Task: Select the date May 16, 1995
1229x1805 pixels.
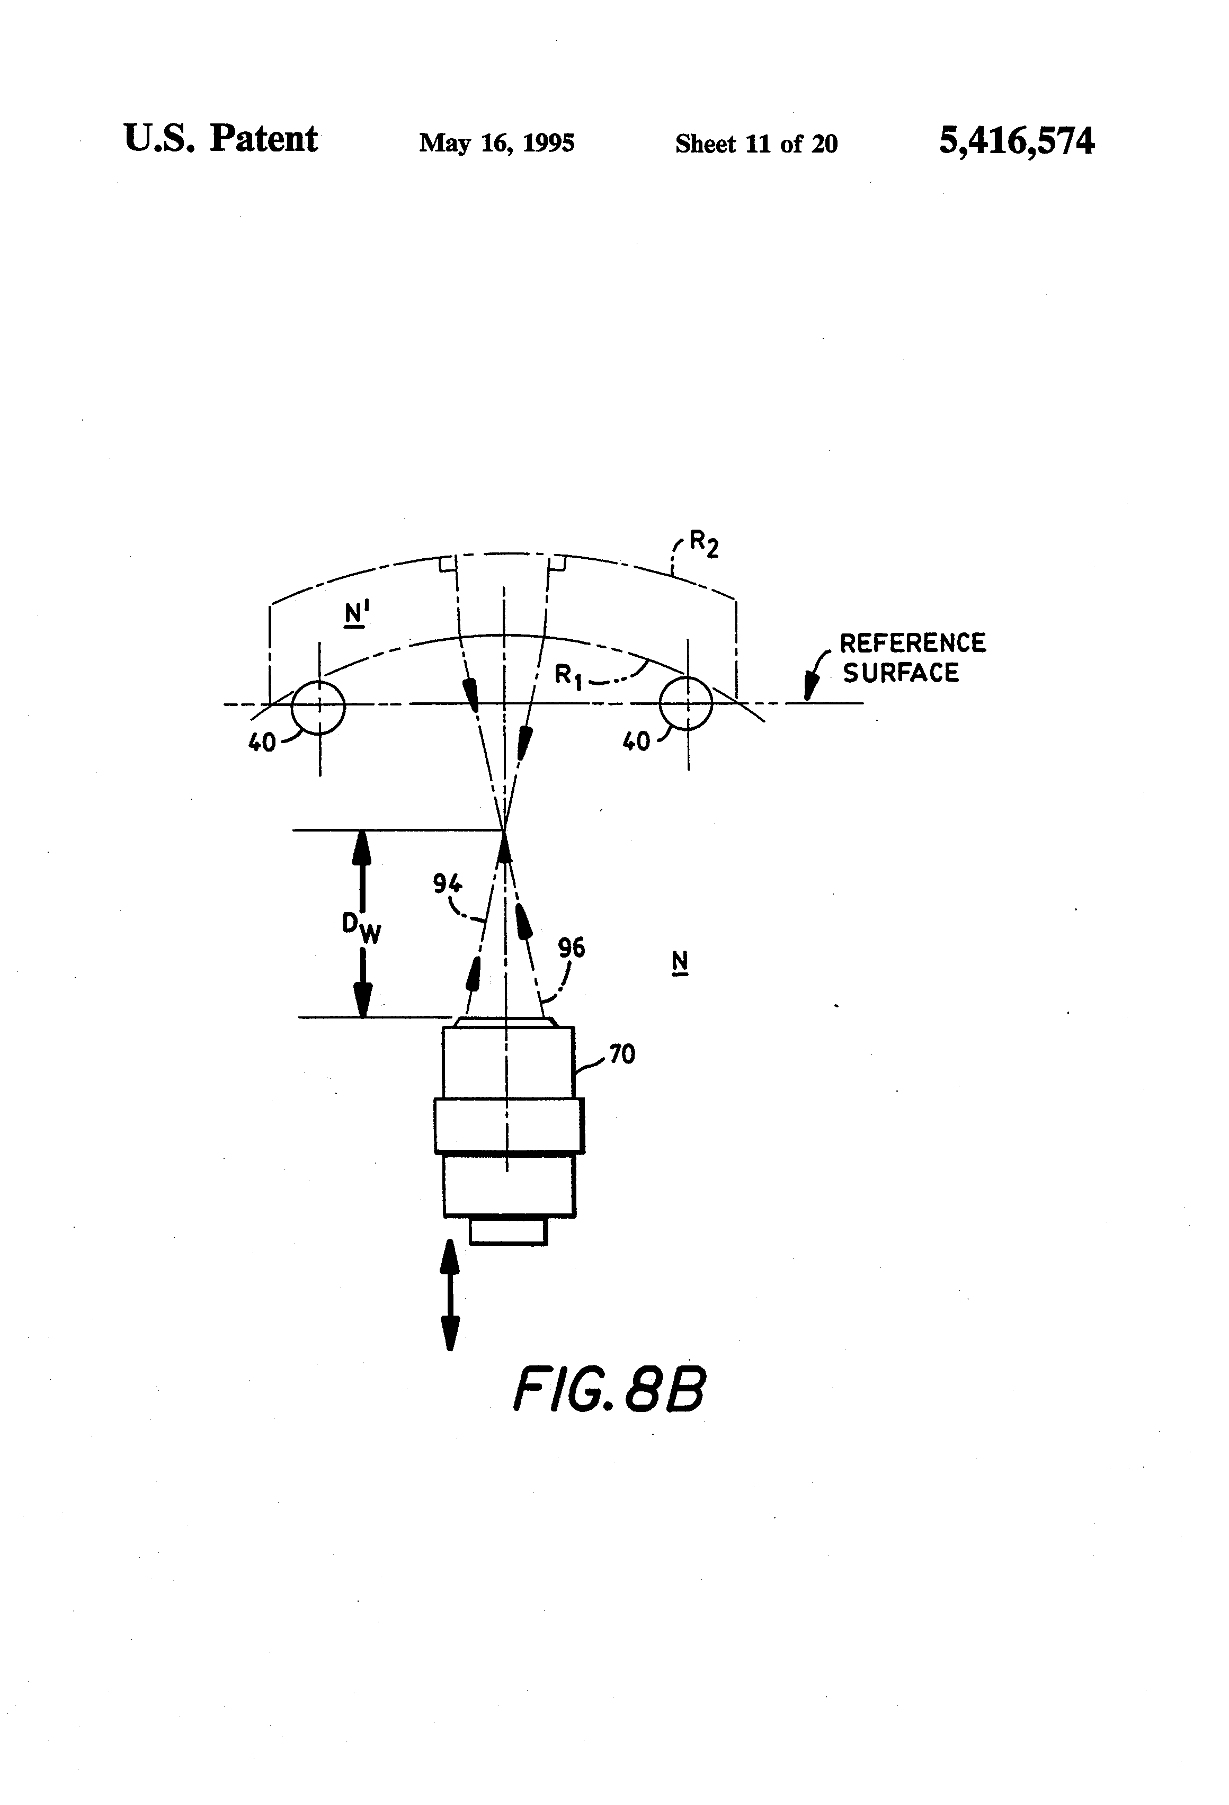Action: click(x=496, y=143)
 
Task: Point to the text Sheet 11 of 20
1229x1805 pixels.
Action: click(x=756, y=144)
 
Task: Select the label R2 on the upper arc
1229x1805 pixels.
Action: click(x=703, y=544)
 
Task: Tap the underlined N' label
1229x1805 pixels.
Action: click(x=357, y=615)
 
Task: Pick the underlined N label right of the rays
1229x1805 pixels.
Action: click(x=680, y=963)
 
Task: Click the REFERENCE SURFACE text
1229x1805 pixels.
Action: click(x=913, y=657)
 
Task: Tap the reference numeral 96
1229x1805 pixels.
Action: click(x=572, y=948)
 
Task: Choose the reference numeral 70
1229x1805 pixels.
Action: click(x=621, y=1054)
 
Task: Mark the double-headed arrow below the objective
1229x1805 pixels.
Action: click(x=450, y=1295)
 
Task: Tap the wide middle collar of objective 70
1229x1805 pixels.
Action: click(x=509, y=1124)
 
